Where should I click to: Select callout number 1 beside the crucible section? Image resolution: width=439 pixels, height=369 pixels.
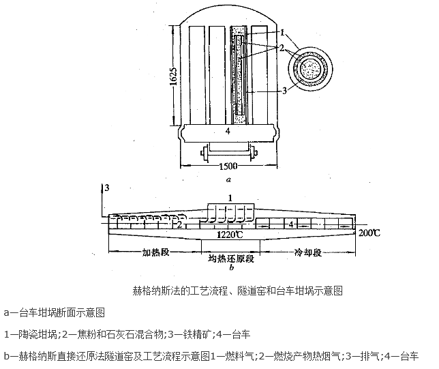(x=281, y=31)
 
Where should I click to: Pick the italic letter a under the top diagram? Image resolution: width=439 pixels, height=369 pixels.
(x=228, y=179)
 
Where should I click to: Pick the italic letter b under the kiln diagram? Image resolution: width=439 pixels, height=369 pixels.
(x=232, y=267)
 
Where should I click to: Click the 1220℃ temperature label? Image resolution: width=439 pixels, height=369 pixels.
(x=230, y=234)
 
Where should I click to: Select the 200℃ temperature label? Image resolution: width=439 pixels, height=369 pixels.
(x=369, y=233)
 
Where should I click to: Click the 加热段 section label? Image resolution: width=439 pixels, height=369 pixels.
(x=156, y=250)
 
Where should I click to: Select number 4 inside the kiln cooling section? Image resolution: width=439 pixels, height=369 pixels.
(x=291, y=223)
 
